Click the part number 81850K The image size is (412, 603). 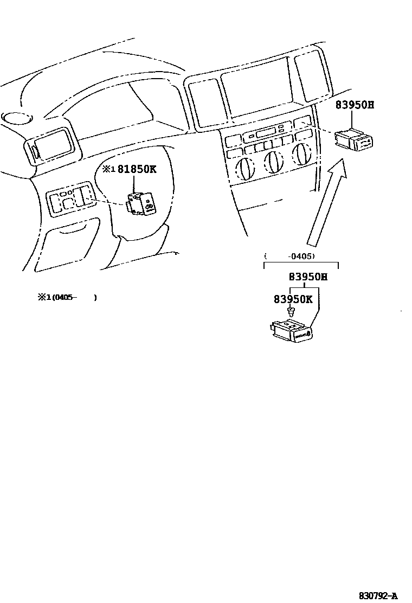coord(137,169)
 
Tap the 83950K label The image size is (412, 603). coord(293,299)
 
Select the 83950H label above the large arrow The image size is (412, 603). coord(355,105)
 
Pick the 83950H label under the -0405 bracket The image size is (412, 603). coord(308,277)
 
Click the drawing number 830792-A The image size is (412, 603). coord(378,595)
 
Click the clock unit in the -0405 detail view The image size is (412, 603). coord(292,330)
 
